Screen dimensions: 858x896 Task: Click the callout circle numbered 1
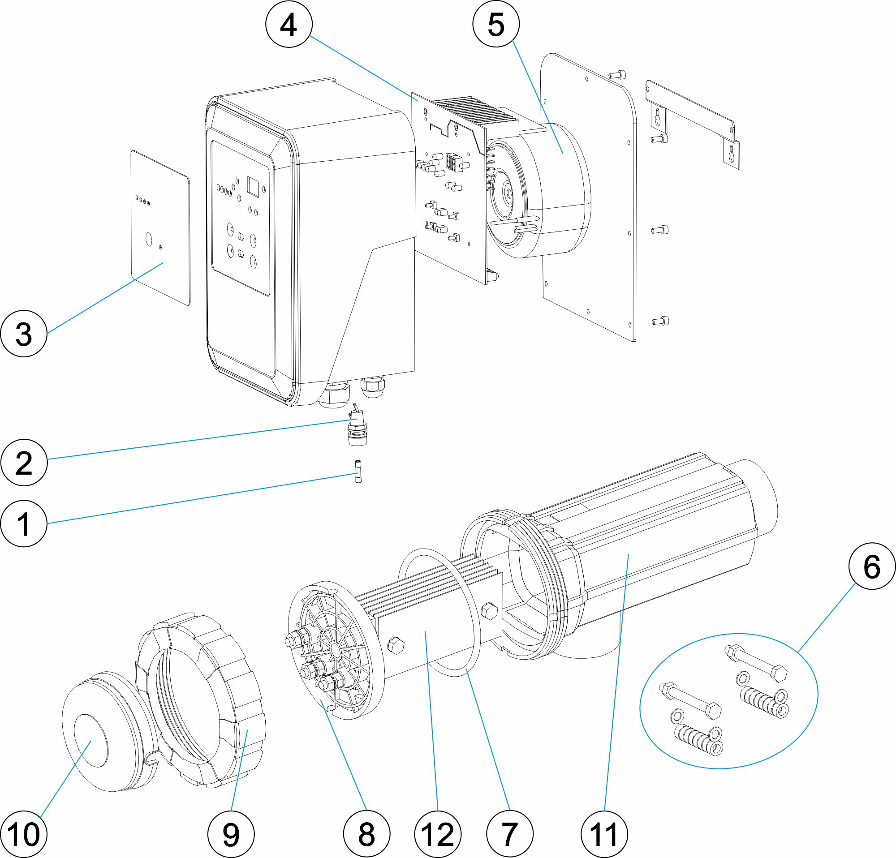click(x=24, y=523)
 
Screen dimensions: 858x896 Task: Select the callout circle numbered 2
click(x=24, y=462)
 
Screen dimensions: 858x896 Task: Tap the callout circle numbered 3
click(x=24, y=334)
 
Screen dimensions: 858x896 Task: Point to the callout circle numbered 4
click(x=289, y=24)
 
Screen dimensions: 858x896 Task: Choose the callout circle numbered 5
click(x=496, y=24)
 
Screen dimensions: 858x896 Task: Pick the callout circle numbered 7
click(x=510, y=834)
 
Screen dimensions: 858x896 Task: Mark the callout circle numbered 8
click(x=366, y=834)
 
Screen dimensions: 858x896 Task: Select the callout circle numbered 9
click(x=231, y=834)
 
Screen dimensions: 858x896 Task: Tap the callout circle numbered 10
click(x=24, y=834)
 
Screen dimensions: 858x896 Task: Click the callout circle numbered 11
click(x=604, y=834)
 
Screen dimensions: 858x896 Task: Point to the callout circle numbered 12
click(x=438, y=834)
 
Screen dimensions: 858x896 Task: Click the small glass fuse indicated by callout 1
click(x=358, y=472)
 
